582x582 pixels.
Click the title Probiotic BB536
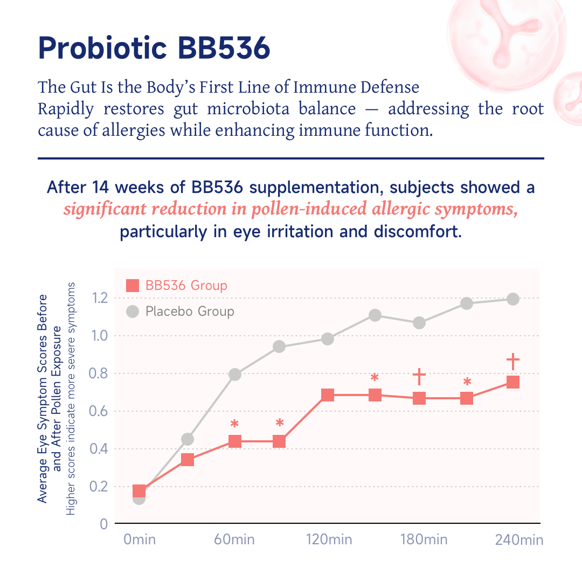(154, 48)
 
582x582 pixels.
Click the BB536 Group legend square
(133, 286)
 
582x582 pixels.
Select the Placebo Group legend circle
(133, 311)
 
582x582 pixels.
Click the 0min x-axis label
(140, 539)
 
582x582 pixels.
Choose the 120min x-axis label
(329, 539)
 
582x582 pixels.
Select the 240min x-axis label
(519, 540)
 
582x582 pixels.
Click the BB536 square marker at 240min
(513, 382)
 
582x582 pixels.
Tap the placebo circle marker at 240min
(513, 299)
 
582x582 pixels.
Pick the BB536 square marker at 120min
(328, 396)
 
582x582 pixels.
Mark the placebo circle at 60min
(234, 375)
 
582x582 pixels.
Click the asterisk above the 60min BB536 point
(234, 424)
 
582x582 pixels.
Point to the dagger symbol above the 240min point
(513, 361)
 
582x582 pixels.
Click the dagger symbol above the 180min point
(420, 377)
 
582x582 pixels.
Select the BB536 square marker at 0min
(139, 491)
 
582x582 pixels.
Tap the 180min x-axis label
(424, 539)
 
